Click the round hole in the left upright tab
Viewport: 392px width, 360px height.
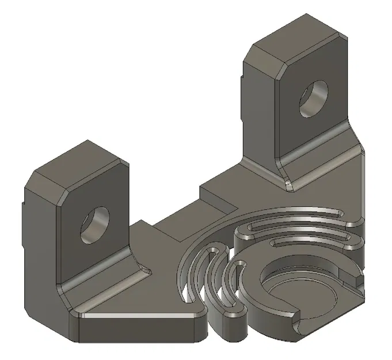tap(96, 224)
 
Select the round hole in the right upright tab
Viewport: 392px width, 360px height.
tap(313, 97)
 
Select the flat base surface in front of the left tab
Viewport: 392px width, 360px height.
tap(144, 300)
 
